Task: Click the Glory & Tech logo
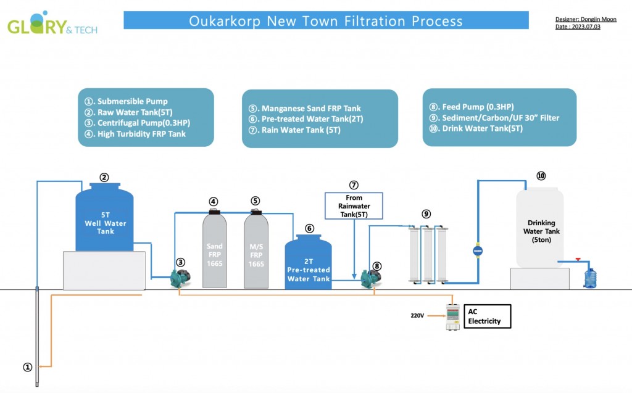tap(52, 24)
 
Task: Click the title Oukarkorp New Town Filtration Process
tap(326, 20)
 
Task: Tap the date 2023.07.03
tap(586, 27)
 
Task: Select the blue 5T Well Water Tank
tap(104, 217)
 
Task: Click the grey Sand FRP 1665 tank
tap(214, 249)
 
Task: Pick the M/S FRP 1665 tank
tap(256, 249)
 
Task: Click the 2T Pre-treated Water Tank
tap(309, 262)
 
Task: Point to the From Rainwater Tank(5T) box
tap(354, 205)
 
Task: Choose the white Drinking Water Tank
tap(539, 228)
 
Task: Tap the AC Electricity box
tap(488, 316)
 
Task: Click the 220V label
tap(417, 316)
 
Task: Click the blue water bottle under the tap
tap(590, 278)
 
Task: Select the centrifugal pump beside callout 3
tap(180, 278)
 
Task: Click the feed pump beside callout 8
tap(370, 278)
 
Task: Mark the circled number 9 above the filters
tap(426, 214)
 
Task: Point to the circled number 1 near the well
tap(27, 367)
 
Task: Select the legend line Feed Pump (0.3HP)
tap(472, 107)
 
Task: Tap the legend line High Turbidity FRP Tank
tap(135, 134)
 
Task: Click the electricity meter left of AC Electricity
tap(452, 317)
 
